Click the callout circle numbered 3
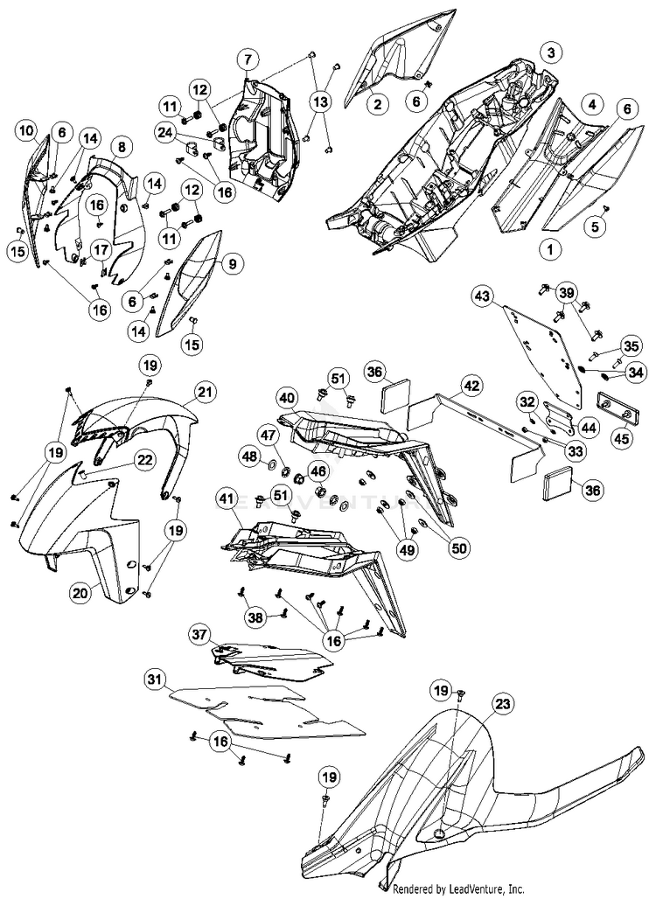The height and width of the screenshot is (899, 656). (550, 53)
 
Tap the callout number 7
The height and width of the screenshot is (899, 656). (248, 59)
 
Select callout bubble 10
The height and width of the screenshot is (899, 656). (27, 132)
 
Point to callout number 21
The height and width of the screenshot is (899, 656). (204, 393)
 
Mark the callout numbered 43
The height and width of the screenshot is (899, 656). (483, 296)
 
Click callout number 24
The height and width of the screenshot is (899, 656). (166, 132)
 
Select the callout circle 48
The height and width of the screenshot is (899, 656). (248, 456)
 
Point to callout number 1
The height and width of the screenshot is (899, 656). (550, 249)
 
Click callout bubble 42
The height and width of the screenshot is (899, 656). (471, 385)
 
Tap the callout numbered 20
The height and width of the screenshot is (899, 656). (80, 593)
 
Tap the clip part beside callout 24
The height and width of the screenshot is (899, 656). (192, 143)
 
